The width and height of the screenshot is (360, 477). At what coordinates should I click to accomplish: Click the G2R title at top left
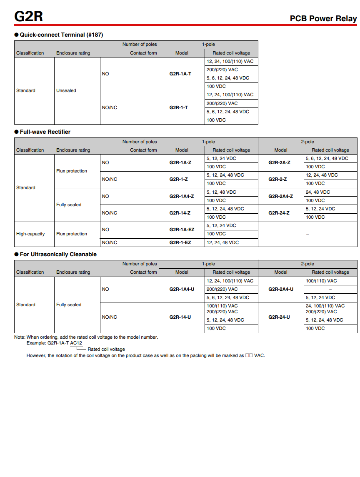pos(28,17)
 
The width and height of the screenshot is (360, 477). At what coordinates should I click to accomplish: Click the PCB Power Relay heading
pos(323,19)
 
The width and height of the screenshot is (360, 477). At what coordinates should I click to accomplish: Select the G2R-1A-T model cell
pos(180,74)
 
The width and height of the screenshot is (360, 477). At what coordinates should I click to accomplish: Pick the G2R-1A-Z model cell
pos(180,162)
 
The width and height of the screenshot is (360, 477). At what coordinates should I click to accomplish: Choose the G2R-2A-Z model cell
pos(279,162)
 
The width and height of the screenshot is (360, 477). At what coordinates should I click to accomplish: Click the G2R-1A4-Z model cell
pos(181,196)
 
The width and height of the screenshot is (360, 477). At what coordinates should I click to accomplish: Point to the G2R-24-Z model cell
pos(279,213)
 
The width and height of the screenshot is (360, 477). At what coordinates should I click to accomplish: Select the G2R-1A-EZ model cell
pos(182,230)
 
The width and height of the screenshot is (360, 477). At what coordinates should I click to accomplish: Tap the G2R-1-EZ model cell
pos(180,242)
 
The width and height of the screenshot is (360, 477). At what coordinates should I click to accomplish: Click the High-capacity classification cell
pos(30,234)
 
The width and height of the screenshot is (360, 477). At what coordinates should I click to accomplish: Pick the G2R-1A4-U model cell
pos(182,289)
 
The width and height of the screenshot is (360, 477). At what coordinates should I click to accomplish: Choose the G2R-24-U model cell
pos(279,317)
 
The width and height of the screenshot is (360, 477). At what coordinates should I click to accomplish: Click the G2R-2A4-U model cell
pos(280,289)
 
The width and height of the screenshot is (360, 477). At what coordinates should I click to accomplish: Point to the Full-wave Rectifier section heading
pos(45,132)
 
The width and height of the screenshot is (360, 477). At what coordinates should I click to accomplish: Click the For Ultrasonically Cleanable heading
pos(58,254)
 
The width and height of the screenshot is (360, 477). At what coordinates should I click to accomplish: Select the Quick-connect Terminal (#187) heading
pos(61,35)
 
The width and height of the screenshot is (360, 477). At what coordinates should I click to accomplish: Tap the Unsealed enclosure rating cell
pos(66,90)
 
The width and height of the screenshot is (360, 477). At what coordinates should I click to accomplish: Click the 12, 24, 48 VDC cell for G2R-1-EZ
pos(222,242)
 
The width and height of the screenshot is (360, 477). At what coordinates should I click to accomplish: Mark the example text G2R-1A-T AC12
pos(65,343)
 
